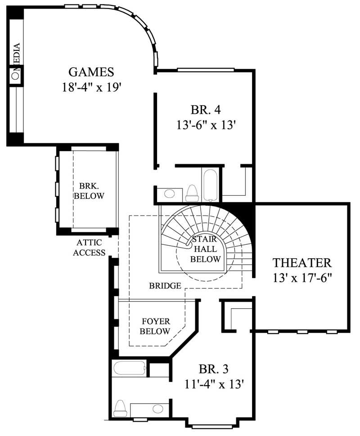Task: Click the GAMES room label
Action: tap(91, 72)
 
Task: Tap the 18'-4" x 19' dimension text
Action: tap(92, 87)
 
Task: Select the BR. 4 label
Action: tap(205, 110)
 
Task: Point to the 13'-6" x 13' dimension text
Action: tap(207, 125)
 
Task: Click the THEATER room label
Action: tap(302, 263)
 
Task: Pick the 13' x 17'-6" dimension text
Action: tap(302, 278)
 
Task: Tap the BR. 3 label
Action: tap(214, 369)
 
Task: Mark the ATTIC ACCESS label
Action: tap(89, 248)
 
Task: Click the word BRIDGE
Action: tap(165, 285)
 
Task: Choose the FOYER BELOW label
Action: tap(155, 327)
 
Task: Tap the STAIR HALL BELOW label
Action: tap(206, 249)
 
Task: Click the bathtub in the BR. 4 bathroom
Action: tap(210, 185)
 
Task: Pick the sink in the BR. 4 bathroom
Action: tap(170, 194)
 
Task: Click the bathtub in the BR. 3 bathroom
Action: tap(130, 369)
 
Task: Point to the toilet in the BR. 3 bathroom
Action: tap(120, 408)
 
